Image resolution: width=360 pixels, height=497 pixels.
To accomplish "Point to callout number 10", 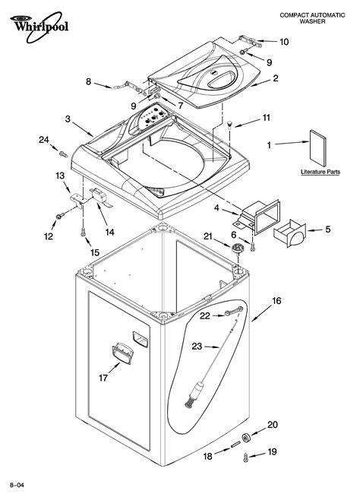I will (x=284, y=41).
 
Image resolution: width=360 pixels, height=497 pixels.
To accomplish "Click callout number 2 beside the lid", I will (x=276, y=78).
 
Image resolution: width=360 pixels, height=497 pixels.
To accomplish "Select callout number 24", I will (x=44, y=139).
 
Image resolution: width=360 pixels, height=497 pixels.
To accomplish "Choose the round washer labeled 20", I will (x=248, y=436).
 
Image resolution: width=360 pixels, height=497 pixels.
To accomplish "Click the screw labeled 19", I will (x=245, y=456).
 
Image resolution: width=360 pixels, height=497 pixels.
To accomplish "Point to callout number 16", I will (x=276, y=301).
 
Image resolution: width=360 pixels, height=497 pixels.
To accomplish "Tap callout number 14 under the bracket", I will (x=109, y=231).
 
